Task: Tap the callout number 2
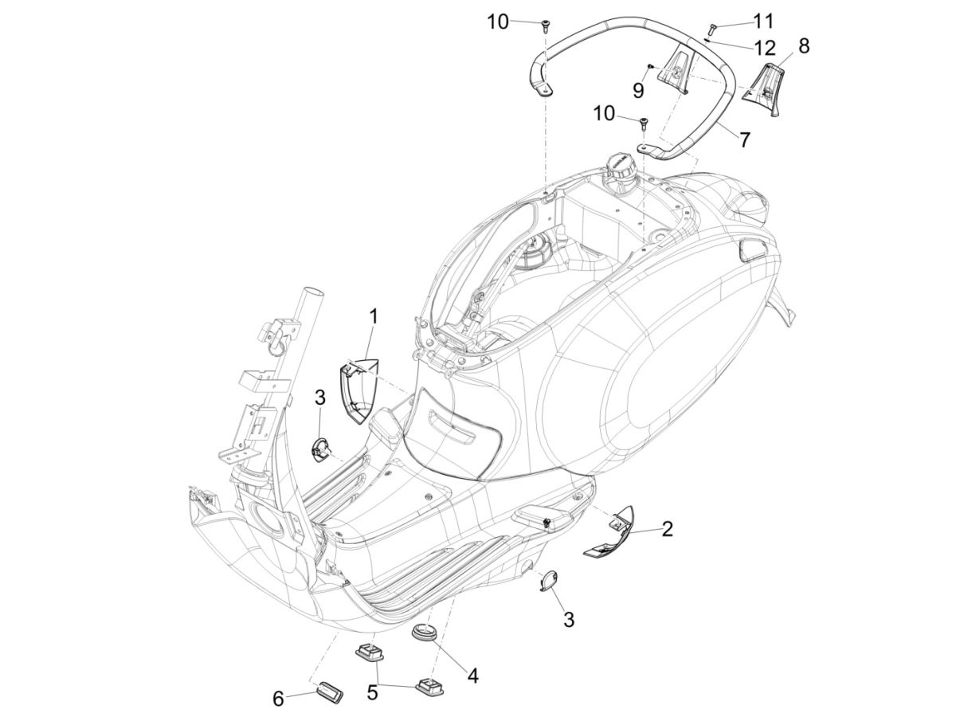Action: (667, 527)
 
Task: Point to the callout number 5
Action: (372, 692)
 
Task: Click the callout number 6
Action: (278, 699)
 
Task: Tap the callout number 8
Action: (803, 46)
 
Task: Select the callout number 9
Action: (638, 90)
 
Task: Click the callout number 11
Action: (763, 19)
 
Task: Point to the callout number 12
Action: (764, 47)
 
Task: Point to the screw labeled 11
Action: (713, 28)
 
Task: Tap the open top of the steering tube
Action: (312, 292)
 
